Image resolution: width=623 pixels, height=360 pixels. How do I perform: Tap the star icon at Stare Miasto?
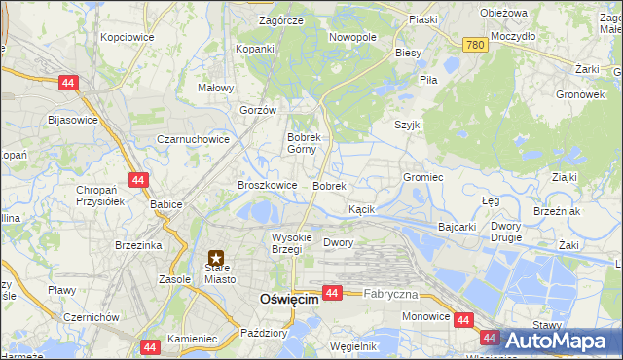tap(216, 259)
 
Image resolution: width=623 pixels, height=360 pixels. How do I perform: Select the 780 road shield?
tap(474, 45)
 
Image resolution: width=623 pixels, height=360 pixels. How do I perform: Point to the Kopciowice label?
tap(127, 36)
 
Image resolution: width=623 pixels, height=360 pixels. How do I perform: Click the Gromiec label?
tap(423, 177)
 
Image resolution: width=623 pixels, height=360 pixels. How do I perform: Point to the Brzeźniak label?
tap(558, 211)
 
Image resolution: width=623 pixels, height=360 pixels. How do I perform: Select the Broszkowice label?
tap(268, 184)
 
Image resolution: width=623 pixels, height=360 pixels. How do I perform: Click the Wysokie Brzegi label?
tap(291, 243)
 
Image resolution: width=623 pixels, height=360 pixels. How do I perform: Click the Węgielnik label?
tap(353, 345)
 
